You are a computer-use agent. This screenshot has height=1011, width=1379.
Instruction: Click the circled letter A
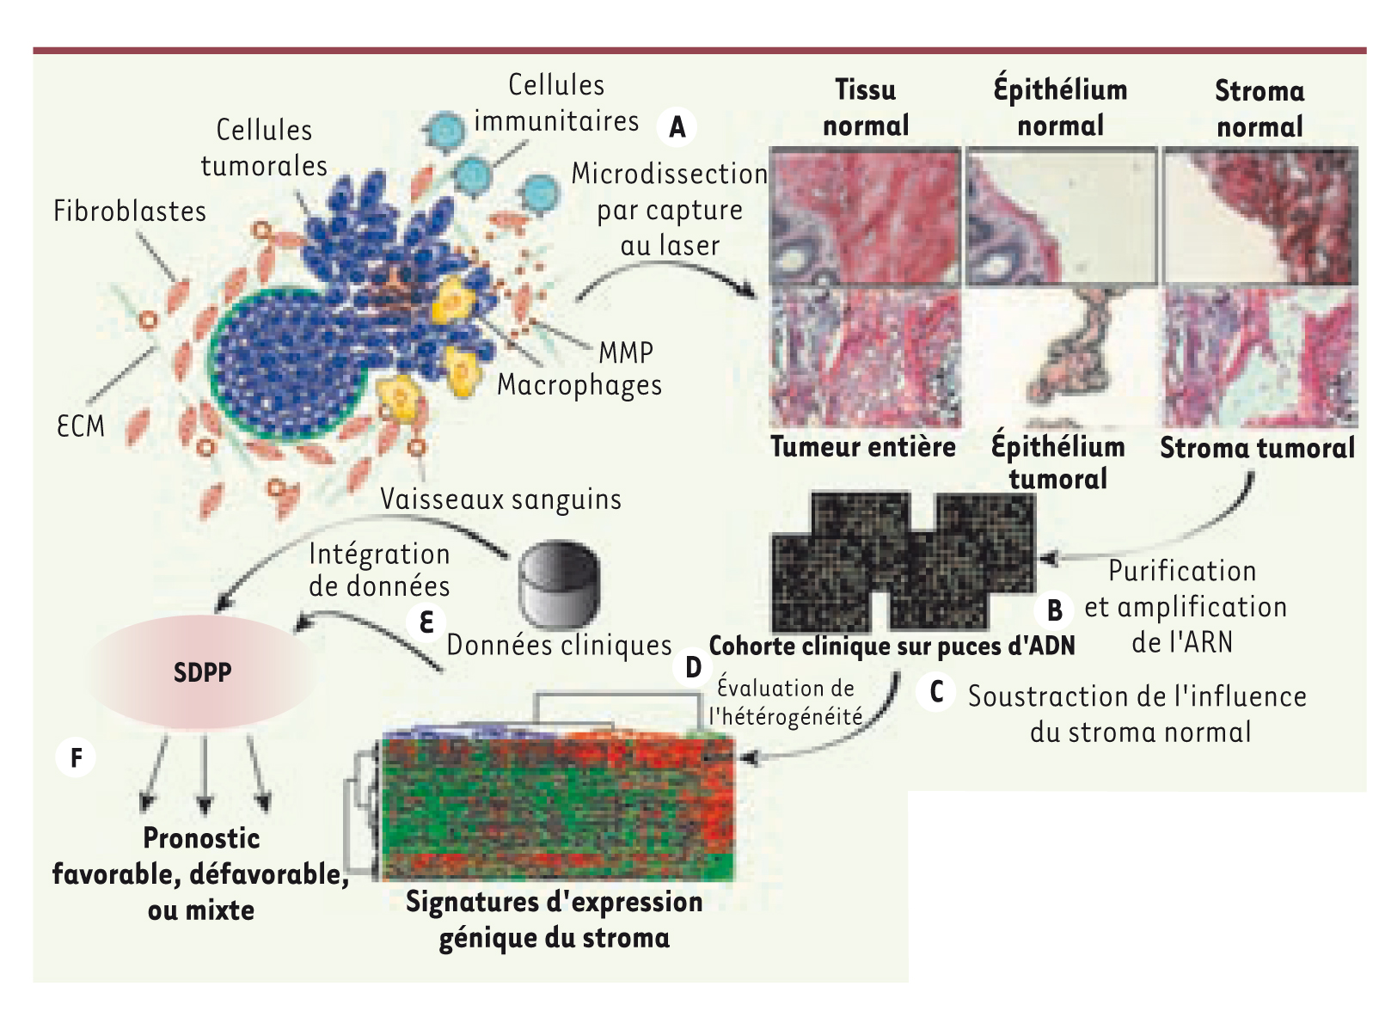[x=677, y=127]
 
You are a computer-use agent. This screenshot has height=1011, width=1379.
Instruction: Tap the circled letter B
[x=1054, y=610]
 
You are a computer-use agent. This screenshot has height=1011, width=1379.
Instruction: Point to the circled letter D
[x=693, y=667]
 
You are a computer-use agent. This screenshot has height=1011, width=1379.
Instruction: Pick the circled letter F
[x=76, y=757]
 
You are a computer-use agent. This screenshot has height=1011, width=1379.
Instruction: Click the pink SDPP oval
[x=202, y=671]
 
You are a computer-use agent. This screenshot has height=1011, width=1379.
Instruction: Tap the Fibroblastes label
[x=130, y=211]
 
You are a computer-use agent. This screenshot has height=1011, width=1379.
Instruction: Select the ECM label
[x=81, y=426]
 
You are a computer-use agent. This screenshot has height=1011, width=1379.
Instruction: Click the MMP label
[x=626, y=352]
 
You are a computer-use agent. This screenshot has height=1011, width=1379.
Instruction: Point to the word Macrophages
[x=579, y=385]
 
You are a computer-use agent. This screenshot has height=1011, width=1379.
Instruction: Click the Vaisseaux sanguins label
[x=501, y=499]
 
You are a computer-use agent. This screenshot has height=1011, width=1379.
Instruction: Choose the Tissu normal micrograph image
[x=865, y=216]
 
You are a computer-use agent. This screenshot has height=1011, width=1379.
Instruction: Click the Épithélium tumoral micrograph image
[x=1062, y=357]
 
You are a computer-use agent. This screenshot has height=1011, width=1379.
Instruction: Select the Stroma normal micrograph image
[x=1260, y=216]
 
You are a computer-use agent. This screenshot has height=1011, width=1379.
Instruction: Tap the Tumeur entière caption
[x=863, y=446]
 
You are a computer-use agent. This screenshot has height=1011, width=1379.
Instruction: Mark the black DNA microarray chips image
[x=904, y=561]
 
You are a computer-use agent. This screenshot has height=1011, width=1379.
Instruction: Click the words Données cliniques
[x=559, y=646]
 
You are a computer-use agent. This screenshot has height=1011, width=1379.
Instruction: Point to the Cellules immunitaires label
[x=556, y=103]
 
